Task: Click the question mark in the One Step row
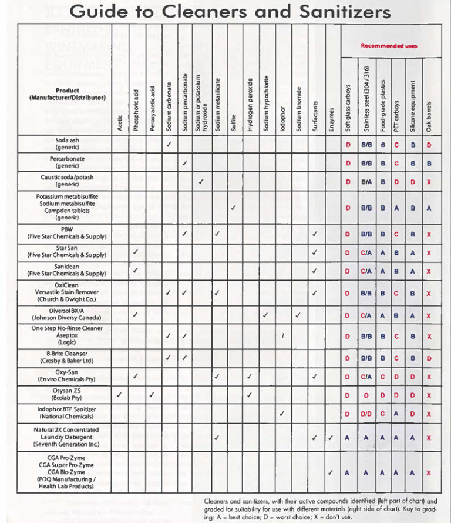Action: pos(282,335)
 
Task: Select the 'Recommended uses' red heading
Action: pos(389,46)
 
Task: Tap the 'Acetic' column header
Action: pos(120,122)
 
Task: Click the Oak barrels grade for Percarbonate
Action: pos(429,163)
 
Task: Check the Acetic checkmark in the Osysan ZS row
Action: pos(120,395)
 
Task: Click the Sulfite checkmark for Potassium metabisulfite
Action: pos(234,208)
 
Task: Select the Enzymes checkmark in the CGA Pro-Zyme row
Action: pos(331,472)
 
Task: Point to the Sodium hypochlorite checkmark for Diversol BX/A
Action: pos(266,315)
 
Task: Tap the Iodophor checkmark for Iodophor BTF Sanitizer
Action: pos(282,414)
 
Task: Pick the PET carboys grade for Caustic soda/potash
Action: pos(397,182)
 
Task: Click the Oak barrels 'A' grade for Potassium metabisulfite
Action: pos(429,208)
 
